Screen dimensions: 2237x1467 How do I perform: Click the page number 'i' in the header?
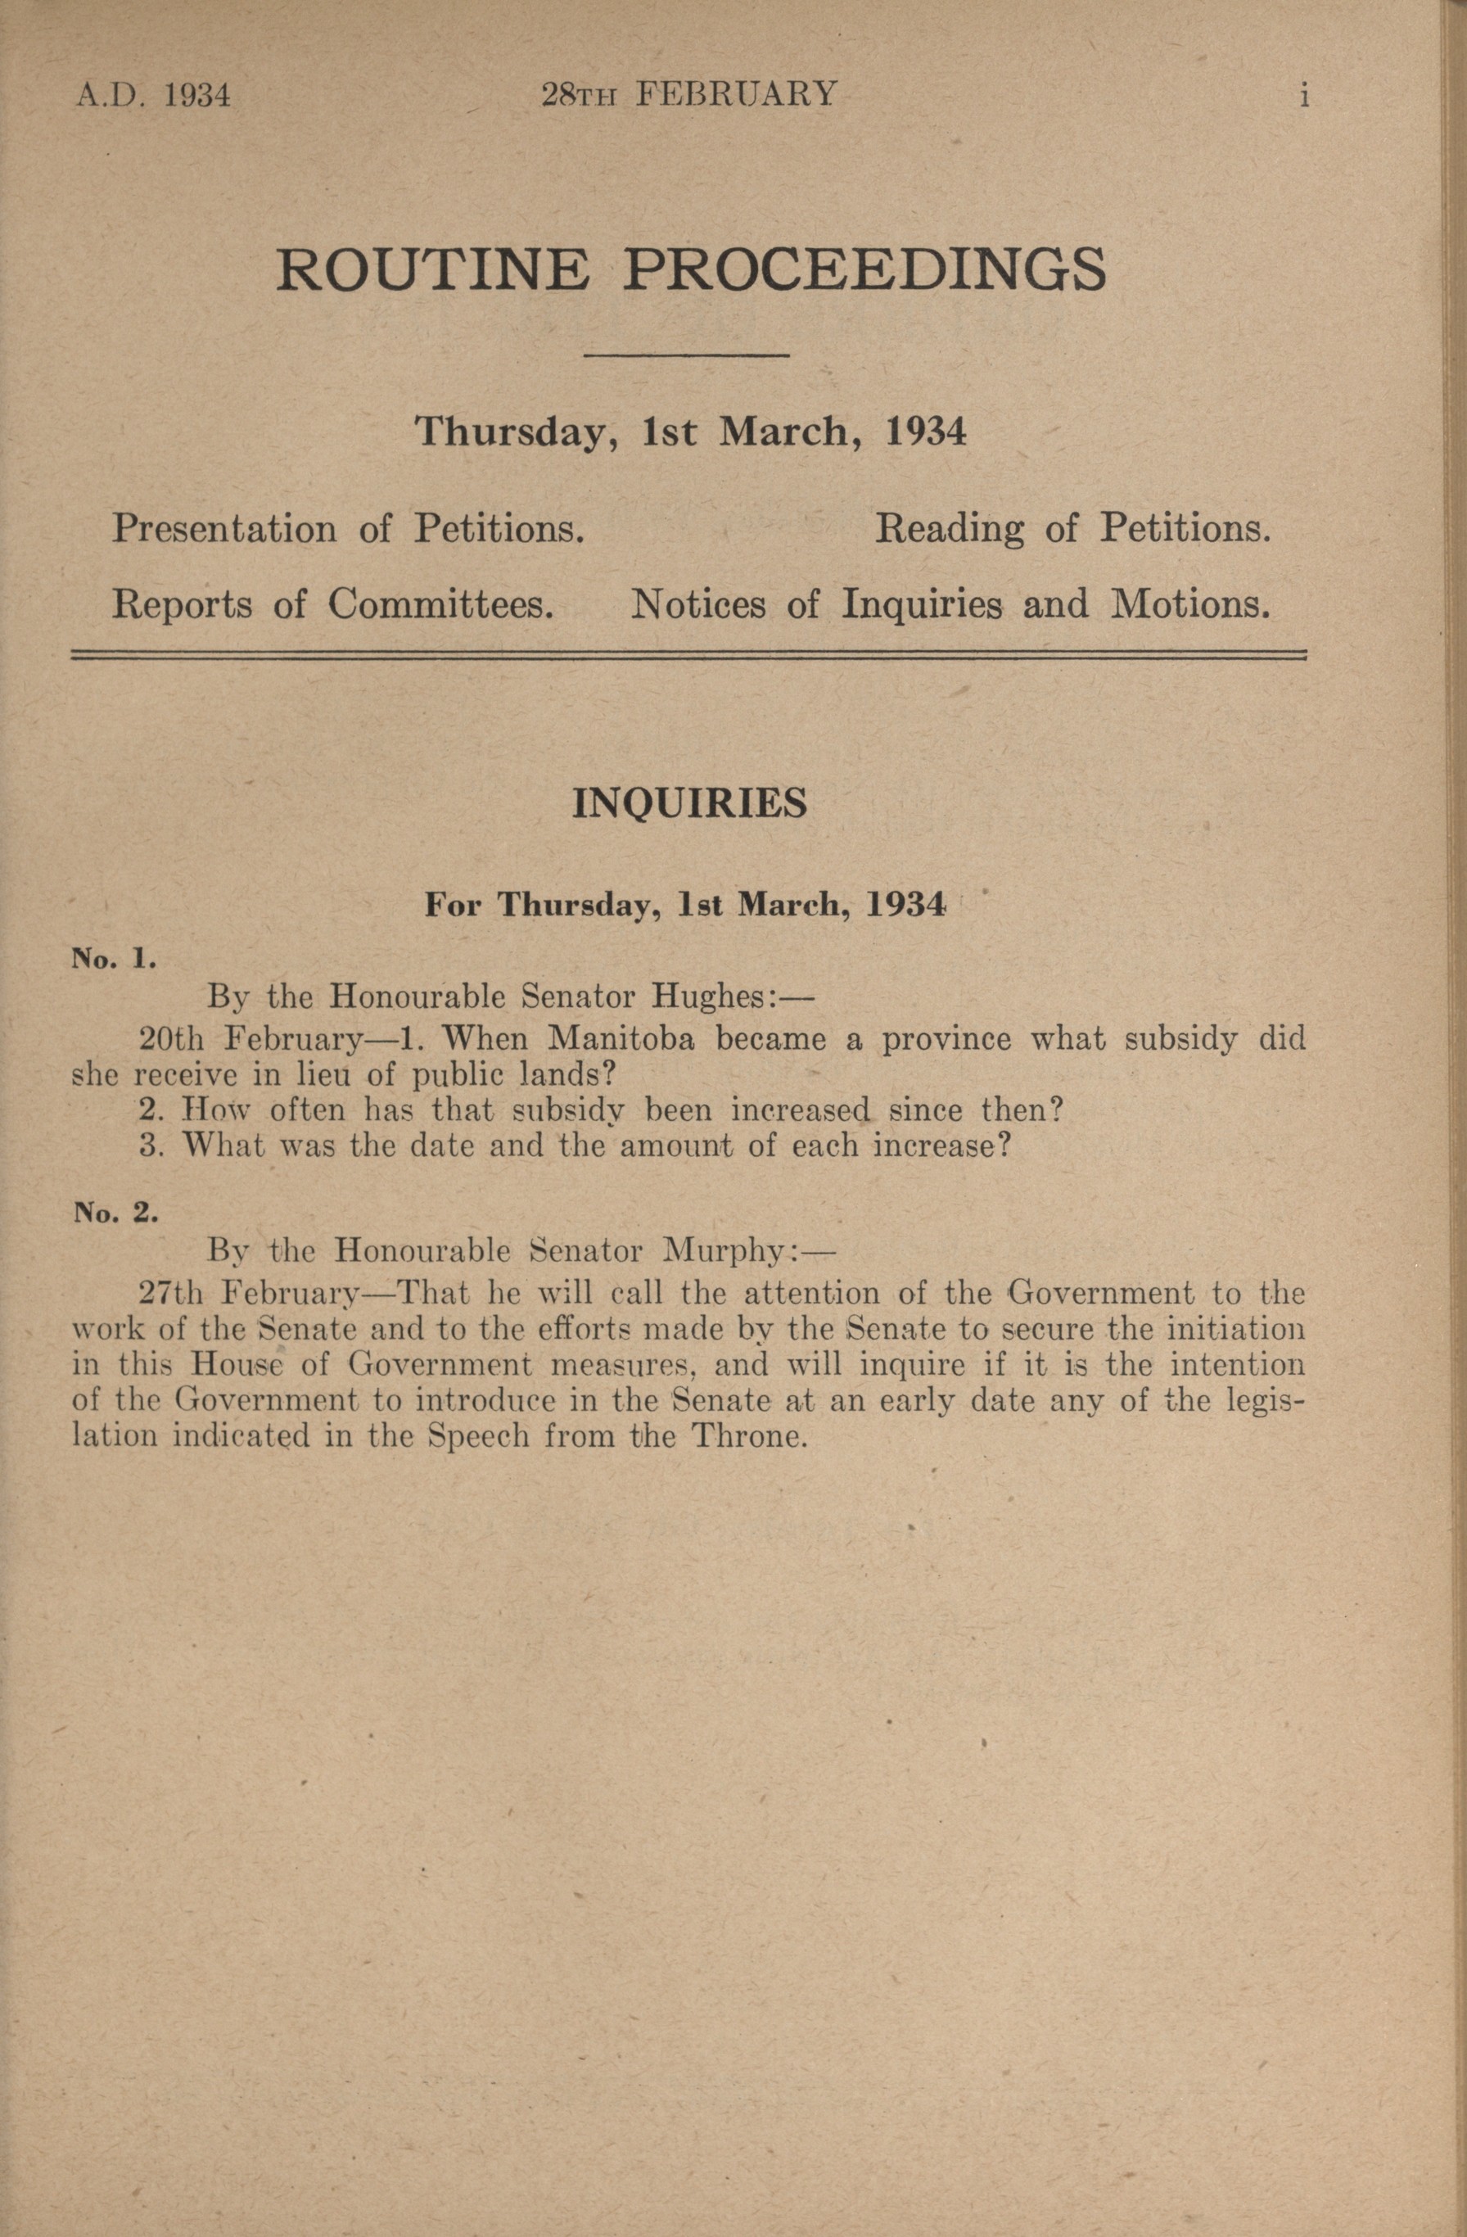pyautogui.click(x=1303, y=96)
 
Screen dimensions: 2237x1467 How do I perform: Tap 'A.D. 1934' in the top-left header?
pyautogui.click(x=153, y=96)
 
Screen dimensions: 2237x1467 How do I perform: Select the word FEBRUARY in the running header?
pyautogui.click(x=736, y=95)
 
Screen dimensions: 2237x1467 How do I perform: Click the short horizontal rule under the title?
pyautogui.click(x=686, y=355)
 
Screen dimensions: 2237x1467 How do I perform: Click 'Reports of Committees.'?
pyautogui.click(x=332, y=604)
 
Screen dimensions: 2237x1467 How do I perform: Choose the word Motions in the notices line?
pyautogui.click(x=1189, y=604)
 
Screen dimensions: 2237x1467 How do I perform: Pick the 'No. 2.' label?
pyautogui.click(x=115, y=1213)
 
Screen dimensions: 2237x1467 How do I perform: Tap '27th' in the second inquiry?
pyautogui.click(x=170, y=1294)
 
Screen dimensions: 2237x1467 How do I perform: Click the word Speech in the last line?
pyautogui.click(x=478, y=1438)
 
